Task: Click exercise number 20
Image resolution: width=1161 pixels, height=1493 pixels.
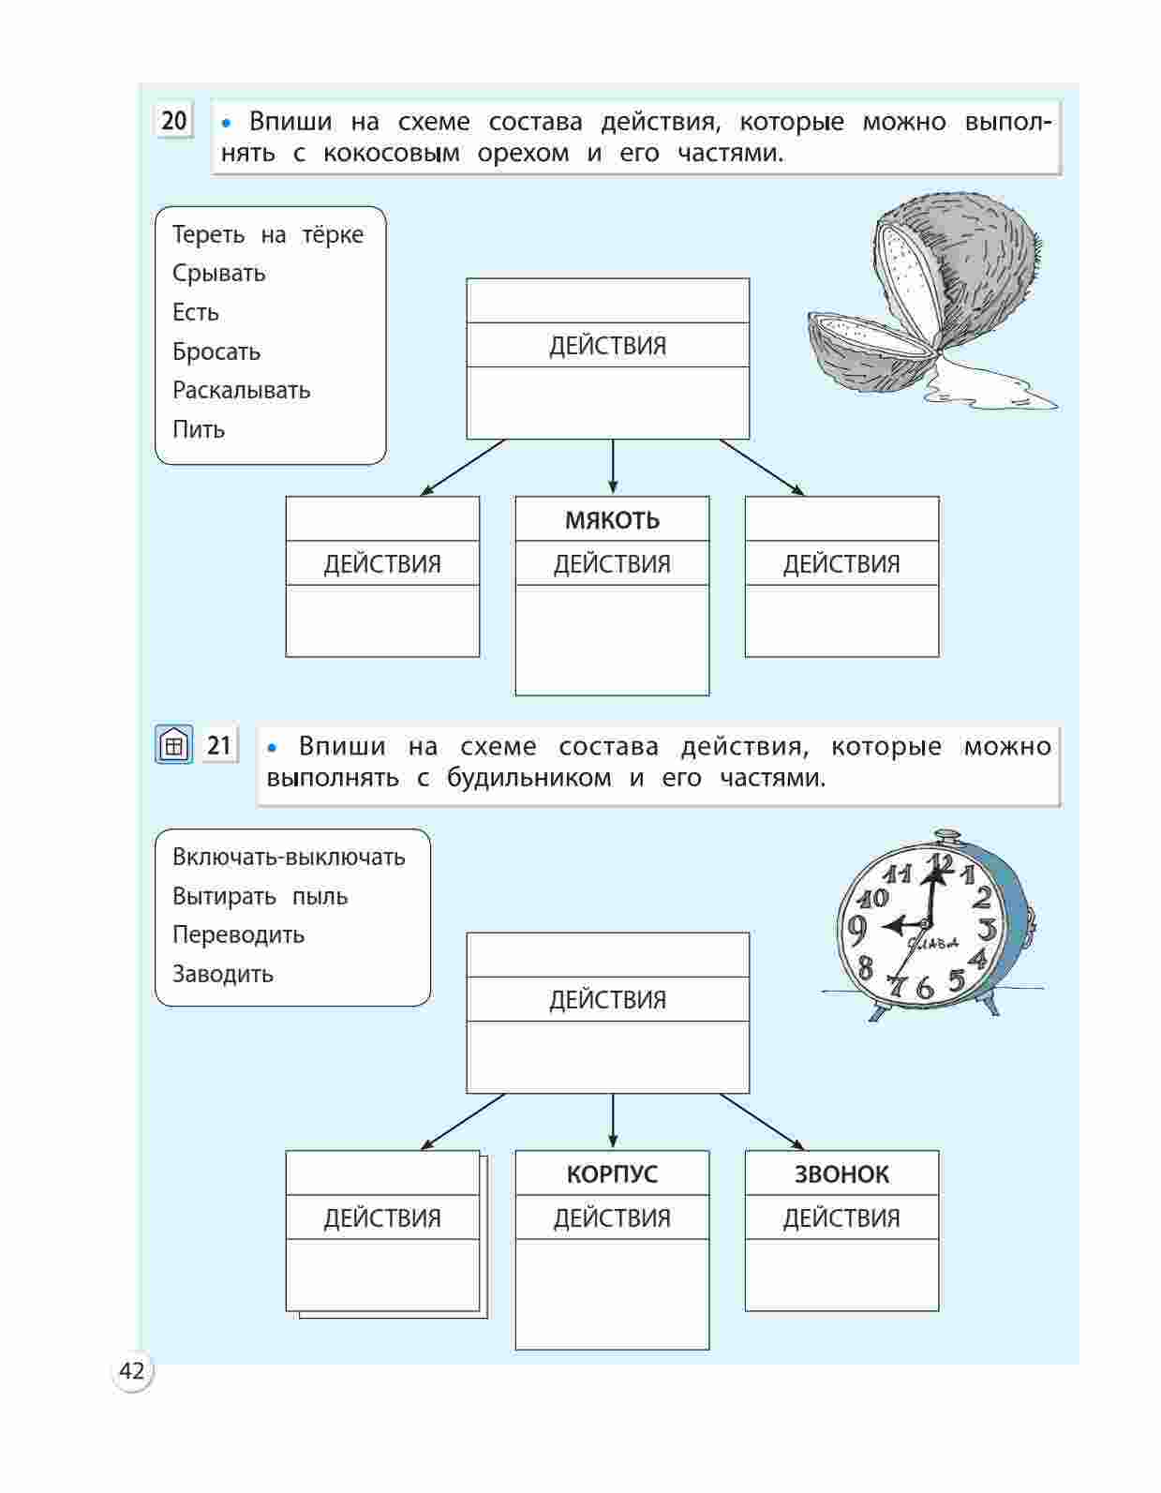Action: tap(174, 121)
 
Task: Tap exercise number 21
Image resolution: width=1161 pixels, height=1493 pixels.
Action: tap(219, 746)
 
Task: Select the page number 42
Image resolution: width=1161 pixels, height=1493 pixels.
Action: tap(132, 1371)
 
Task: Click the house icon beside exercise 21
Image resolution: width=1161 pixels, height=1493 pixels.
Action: tap(173, 746)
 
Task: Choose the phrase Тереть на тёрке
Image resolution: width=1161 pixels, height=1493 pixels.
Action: tap(267, 234)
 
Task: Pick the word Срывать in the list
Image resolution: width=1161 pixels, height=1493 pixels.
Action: tap(218, 274)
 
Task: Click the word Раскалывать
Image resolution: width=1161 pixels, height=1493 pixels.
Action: tap(241, 390)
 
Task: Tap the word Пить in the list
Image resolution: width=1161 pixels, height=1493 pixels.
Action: tap(199, 429)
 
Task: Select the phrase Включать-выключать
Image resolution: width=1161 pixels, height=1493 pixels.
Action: tap(289, 857)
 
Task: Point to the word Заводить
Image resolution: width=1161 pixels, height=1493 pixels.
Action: tap(223, 974)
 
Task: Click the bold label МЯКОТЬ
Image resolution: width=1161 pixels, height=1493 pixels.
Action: tap(612, 520)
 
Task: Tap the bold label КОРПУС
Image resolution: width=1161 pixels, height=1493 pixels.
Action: tap(612, 1174)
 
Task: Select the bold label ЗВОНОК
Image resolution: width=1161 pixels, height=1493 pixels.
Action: tap(841, 1174)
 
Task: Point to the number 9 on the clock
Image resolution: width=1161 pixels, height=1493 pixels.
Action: tap(856, 929)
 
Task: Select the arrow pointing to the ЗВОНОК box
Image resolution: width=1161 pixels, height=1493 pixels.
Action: tap(761, 1121)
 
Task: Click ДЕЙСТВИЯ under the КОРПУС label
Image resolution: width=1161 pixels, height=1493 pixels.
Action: tap(612, 1218)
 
